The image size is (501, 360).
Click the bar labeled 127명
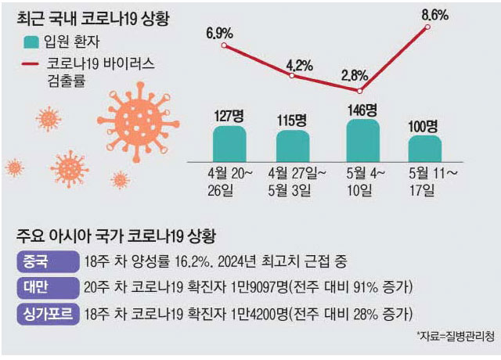[x=229, y=142]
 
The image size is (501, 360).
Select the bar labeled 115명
[x=293, y=146]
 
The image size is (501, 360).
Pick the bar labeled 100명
[x=425, y=148]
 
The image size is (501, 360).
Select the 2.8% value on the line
[x=353, y=76]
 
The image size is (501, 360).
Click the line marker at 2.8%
[x=360, y=91]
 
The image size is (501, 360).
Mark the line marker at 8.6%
[x=428, y=27]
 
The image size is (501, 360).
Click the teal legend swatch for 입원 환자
[x=32, y=43]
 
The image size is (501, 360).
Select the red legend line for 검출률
[x=32, y=64]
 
